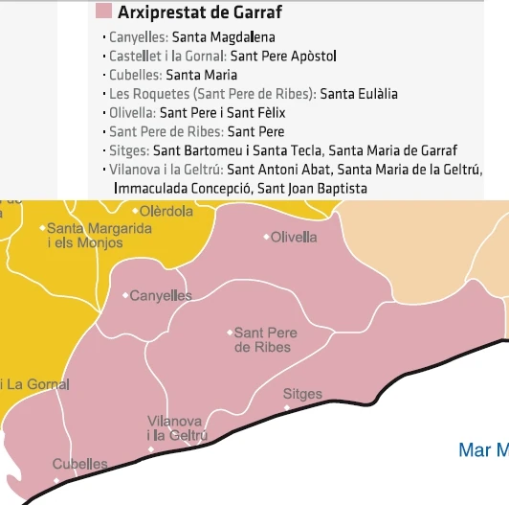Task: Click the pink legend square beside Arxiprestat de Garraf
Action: pyautogui.click(x=103, y=12)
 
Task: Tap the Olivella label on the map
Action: pyautogui.click(x=294, y=237)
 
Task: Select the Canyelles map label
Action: pyautogui.click(x=160, y=296)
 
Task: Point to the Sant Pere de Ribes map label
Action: pyautogui.click(x=265, y=339)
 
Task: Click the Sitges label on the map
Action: pyautogui.click(x=302, y=395)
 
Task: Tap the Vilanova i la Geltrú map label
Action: pyautogui.click(x=176, y=428)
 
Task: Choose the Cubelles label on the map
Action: pyautogui.click(x=79, y=465)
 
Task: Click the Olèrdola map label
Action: pyautogui.click(x=166, y=211)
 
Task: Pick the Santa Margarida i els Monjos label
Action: pyautogui.click(x=99, y=236)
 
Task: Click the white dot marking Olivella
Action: pyautogui.click(x=266, y=237)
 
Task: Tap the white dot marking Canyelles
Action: pyautogui.click(x=124, y=296)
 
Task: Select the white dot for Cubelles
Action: pyautogui.click(x=55, y=467)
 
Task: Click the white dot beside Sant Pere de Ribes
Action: pyautogui.click(x=230, y=333)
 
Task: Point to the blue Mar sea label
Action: pyautogui.click(x=482, y=449)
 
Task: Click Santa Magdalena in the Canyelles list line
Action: pyautogui.click(x=223, y=37)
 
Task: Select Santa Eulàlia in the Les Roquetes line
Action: pyautogui.click(x=359, y=94)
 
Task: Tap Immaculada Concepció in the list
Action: pyautogui.click(x=183, y=189)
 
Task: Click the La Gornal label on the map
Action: pyautogui.click(x=36, y=385)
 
